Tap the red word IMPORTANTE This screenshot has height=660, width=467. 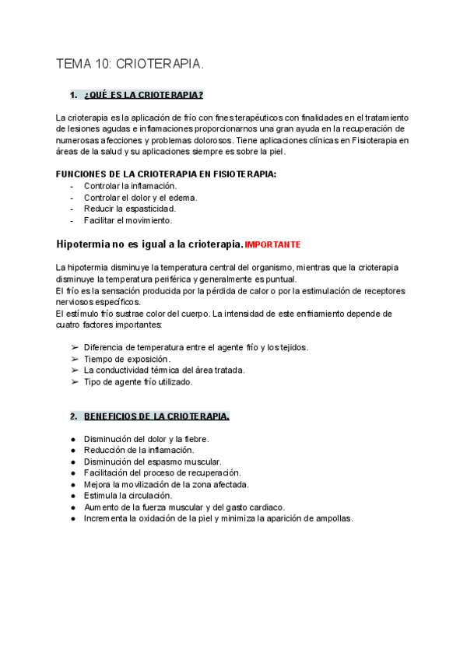(x=272, y=244)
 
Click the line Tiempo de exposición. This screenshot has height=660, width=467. (x=126, y=359)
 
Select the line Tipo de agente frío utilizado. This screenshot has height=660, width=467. (x=138, y=381)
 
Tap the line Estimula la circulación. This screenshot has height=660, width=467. (x=128, y=495)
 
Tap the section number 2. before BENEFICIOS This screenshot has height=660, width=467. (x=73, y=416)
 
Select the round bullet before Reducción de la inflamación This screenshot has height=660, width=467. (x=73, y=450)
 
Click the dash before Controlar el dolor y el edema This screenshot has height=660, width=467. (x=72, y=198)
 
